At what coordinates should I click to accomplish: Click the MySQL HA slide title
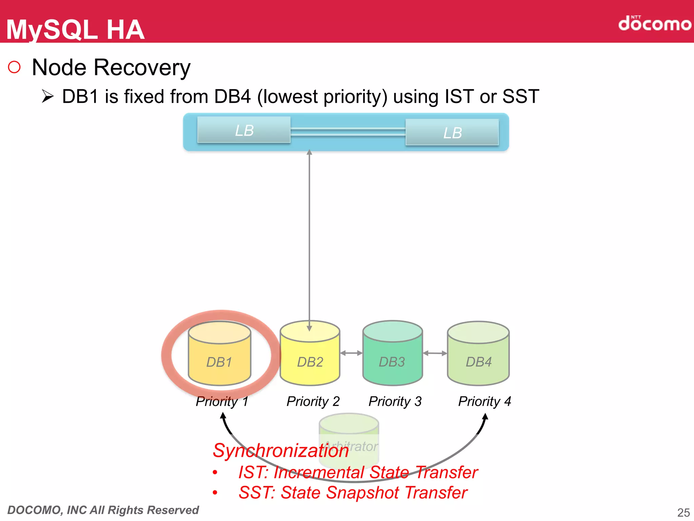point(75,30)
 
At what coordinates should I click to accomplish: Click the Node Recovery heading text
point(111,67)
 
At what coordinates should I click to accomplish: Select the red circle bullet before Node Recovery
point(14,67)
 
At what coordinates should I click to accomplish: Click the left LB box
point(244,130)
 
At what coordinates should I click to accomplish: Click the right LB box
point(452,133)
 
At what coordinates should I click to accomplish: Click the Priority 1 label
point(222,402)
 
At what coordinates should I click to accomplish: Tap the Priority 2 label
point(313,402)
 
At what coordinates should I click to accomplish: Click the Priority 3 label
point(395,402)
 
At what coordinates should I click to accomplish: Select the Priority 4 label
point(484,402)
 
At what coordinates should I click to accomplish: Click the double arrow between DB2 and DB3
point(351,353)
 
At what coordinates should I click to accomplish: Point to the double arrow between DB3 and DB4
point(435,353)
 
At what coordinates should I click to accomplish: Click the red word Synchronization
point(280,451)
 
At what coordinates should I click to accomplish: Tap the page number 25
point(683,512)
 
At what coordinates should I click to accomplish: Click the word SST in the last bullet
point(256,493)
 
